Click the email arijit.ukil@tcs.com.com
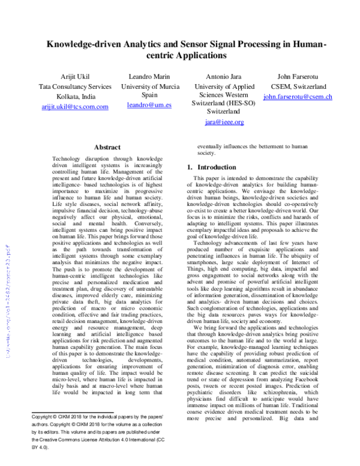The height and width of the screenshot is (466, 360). coord(74,106)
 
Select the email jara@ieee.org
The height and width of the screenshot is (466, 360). coord(224,122)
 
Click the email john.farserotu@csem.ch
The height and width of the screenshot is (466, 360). coord(298,97)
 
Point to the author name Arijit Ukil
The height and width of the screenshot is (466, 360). coord(74,76)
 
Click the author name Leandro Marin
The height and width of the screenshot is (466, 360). coord(149,76)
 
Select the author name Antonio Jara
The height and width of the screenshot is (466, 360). coord(224,76)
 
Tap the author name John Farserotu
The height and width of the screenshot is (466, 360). coord(298,76)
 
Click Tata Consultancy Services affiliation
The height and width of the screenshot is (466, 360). coord(74,86)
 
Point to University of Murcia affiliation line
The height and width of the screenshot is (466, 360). coord(149,86)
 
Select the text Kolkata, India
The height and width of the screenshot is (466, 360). coord(74,96)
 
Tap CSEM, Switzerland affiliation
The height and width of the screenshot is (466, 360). coord(298,86)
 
